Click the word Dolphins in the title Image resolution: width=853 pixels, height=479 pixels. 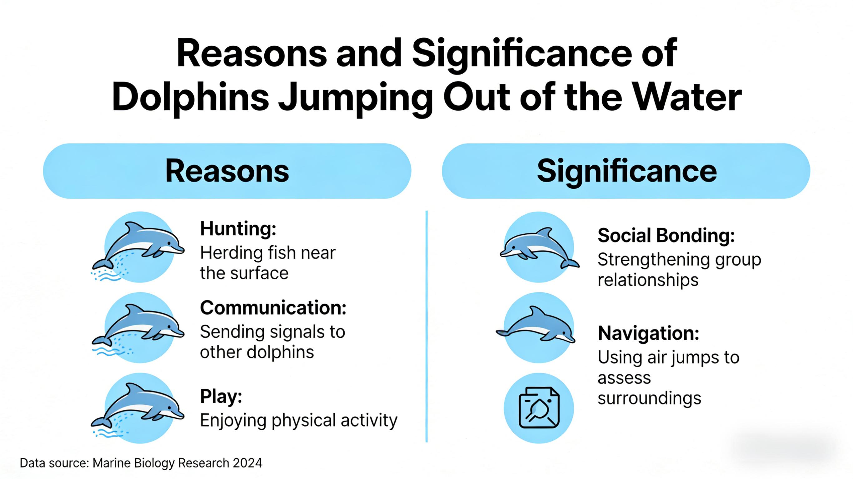[190, 98]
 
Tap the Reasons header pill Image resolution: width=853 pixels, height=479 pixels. [227, 171]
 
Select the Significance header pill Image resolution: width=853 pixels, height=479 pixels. [626, 171]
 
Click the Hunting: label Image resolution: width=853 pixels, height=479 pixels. [238, 229]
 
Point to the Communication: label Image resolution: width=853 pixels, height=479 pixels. [273, 308]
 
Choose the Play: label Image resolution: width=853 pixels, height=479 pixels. [221, 396]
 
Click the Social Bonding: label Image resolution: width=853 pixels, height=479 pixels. [666, 236]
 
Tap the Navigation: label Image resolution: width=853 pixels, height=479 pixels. [648, 333]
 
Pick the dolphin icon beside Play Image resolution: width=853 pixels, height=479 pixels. [138, 408]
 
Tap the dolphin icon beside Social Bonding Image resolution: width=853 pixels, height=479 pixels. [539, 247]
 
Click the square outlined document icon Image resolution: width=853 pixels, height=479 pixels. [539, 408]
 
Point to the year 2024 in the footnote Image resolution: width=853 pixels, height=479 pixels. [247, 463]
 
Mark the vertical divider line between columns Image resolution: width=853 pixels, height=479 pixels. [426, 326]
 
